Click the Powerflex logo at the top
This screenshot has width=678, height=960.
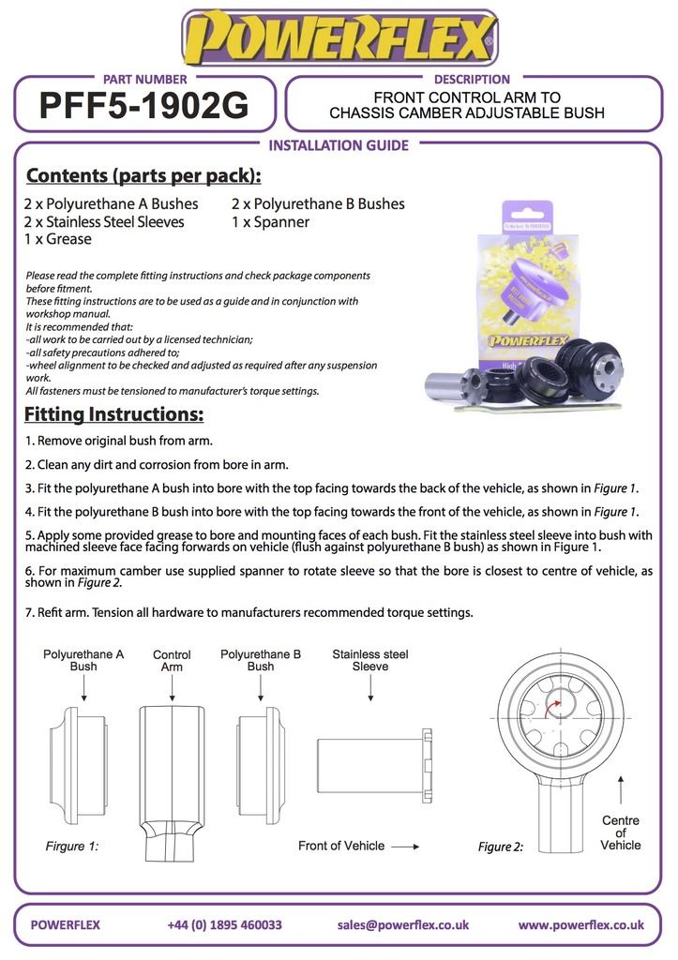(339, 37)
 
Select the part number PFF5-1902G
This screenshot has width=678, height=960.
(144, 107)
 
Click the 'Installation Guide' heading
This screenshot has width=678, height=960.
(339, 145)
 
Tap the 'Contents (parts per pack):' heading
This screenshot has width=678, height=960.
(143, 176)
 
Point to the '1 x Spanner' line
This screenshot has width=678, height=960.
(270, 222)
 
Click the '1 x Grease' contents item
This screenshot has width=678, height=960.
(57, 239)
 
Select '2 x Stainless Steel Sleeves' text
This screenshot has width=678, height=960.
(104, 222)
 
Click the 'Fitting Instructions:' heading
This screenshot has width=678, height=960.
(113, 414)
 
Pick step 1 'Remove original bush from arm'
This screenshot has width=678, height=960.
(119, 441)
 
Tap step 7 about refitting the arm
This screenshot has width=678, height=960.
(249, 613)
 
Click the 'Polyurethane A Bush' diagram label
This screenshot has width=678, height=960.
(83, 660)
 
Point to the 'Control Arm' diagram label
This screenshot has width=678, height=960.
(172, 661)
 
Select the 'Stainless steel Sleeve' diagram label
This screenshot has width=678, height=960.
(370, 660)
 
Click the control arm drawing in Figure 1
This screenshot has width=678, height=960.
(171, 778)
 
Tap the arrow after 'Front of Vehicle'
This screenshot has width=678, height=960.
(405, 846)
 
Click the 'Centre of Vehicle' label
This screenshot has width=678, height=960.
(620, 832)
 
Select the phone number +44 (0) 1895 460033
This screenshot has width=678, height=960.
(224, 924)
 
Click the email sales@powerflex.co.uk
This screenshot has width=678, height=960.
(403, 924)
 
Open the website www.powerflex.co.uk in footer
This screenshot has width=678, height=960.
(580, 924)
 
